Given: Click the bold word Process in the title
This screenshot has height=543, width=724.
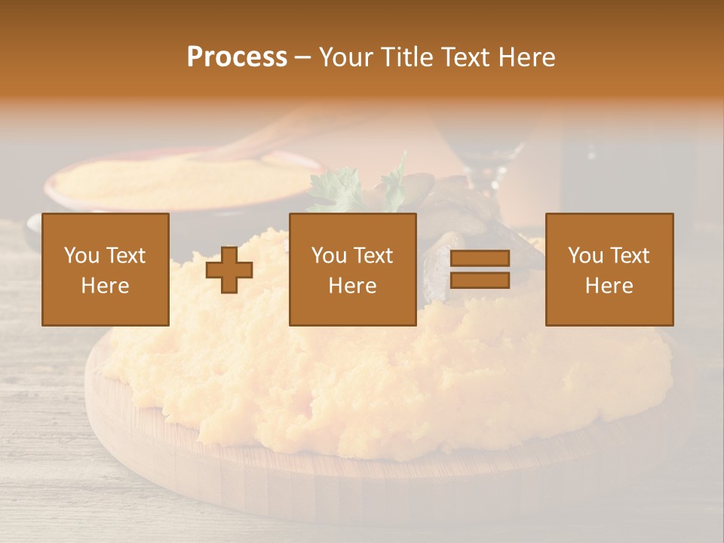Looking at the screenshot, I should point(237,57).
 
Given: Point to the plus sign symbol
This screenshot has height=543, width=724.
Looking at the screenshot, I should point(229,270).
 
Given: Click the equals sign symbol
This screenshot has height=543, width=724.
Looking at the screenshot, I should point(480,269).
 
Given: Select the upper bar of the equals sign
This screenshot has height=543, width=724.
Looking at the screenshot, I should point(480,259).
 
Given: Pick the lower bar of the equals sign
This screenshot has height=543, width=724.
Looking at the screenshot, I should point(480,281).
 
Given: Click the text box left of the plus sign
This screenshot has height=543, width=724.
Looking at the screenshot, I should point(106,269).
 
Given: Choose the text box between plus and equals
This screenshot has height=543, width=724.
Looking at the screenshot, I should point(353,269).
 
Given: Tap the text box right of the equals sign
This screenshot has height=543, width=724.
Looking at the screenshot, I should point(609,269).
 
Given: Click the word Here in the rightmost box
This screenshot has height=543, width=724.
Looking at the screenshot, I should point(609,286).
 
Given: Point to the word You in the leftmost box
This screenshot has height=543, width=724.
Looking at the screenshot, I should point(81,256).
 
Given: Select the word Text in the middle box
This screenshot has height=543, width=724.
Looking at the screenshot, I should point(373,256).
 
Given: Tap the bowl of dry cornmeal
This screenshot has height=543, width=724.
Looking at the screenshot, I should point(181,181).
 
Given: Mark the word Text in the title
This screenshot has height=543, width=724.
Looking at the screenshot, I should point(467,57).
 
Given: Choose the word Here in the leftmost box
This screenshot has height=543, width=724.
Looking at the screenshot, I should point(106,286).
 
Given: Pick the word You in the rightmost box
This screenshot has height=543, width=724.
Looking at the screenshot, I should point(585,256).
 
